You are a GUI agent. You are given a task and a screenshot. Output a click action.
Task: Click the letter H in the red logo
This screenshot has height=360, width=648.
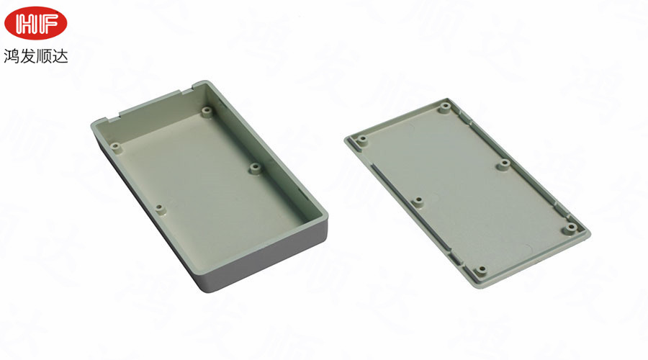pos(26,24)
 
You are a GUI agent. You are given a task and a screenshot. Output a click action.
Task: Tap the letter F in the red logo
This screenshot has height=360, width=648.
pos(47,24)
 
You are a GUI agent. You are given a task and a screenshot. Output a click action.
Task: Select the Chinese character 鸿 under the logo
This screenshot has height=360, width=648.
pos(12,55)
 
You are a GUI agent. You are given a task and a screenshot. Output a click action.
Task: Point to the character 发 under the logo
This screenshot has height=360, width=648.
pos(28,55)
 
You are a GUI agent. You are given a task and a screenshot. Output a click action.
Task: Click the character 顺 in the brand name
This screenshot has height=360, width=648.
pos(44,55)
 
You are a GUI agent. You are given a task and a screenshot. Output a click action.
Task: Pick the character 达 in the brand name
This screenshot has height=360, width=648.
pos(60,55)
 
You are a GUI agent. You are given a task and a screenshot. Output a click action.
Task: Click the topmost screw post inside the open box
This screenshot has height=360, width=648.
pos(207,112)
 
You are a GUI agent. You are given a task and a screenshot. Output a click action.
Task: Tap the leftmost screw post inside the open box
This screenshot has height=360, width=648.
pos(116,147)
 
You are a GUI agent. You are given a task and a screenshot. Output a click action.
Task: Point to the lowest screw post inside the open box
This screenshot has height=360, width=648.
pos(161,210)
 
